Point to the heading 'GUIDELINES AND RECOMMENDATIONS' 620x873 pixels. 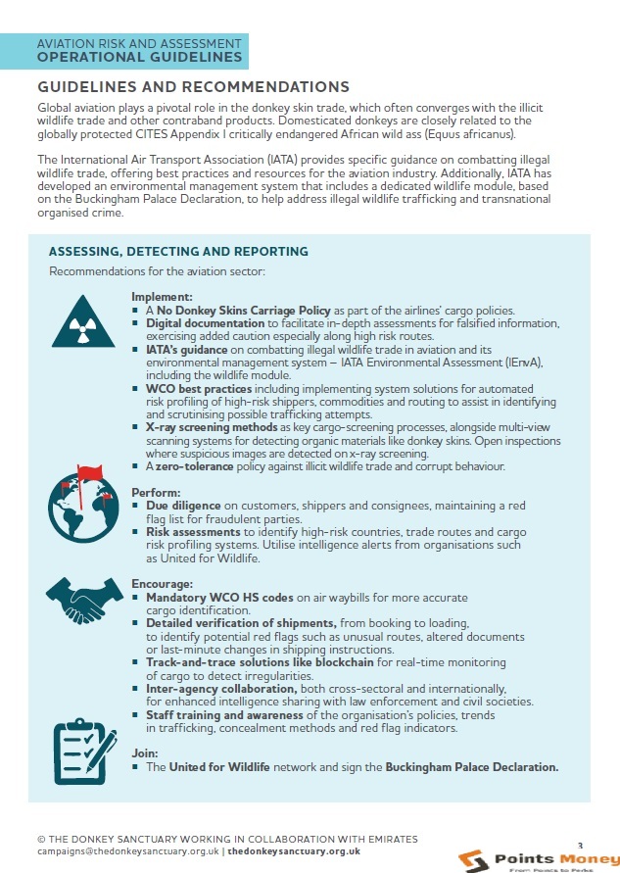click(193, 87)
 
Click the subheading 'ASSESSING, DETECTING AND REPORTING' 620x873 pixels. click(178, 252)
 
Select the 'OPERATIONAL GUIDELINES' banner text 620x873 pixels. click(139, 57)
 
